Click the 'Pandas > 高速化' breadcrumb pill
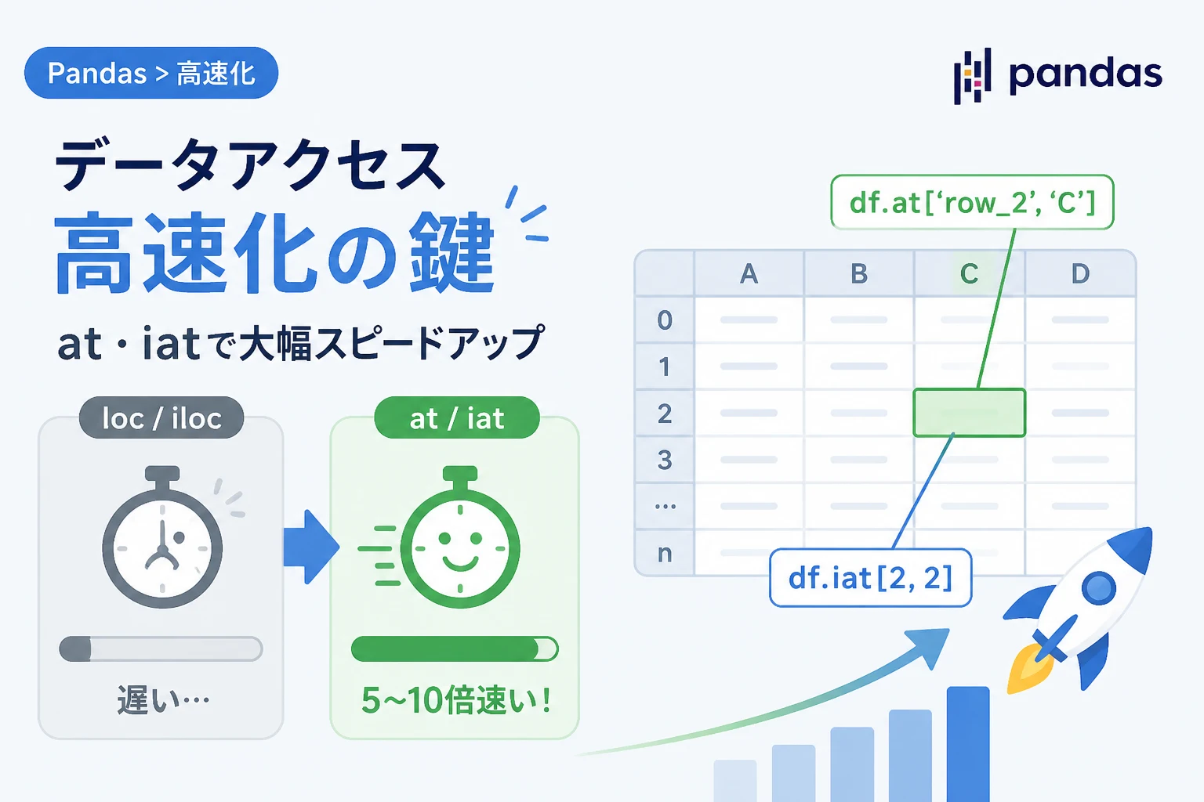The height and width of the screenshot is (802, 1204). coord(151,73)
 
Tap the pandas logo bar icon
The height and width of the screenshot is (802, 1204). coord(972,76)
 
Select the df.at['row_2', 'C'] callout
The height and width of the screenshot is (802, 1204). coord(972,203)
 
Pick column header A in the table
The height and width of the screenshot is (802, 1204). coord(749,274)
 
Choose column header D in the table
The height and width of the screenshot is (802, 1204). coord(1080,274)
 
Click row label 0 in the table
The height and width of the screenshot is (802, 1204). coord(665,320)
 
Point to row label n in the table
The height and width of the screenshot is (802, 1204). coord(665,553)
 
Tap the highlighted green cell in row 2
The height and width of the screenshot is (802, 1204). coord(969,413)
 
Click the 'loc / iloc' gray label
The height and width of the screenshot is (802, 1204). coord(161,418)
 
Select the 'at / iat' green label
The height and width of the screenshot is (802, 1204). coord(457,418)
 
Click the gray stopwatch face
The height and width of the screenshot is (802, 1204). coord(162,548)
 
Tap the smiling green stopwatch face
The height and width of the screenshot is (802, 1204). coord(460,548)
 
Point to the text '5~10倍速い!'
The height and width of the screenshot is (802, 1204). coord(455,700)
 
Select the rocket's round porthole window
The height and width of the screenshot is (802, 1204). coord(1098,589)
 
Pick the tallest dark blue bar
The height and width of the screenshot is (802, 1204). coord(968,744)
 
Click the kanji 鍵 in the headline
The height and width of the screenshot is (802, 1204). coord(451,252)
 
